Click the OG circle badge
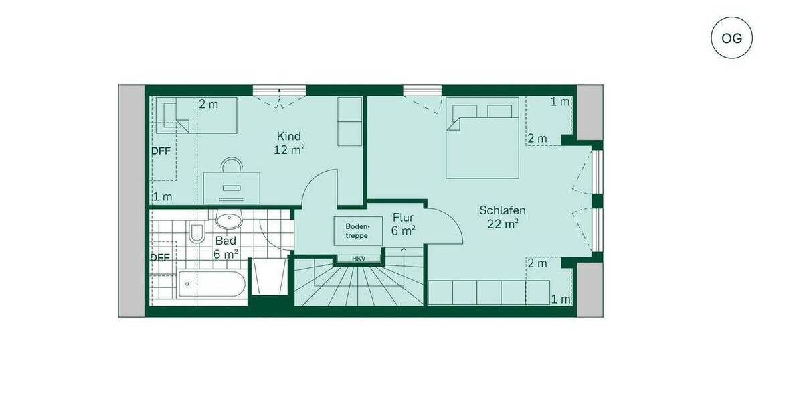[x=731, y=38]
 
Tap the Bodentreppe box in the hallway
[x=357, y=230]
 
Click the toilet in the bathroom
[x=197, y=233]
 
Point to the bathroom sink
[x=229, y=220]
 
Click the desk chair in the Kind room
[x=232, y=165]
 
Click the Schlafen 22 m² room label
[x=502, y=217]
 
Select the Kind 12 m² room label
[x=289, y=143]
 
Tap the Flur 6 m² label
[x=404, y=224]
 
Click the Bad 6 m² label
[x=226, y=247]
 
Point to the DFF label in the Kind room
[x=161, y=151]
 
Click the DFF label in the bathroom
[x=160, y=257]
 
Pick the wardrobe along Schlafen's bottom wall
[x=489, y=293]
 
